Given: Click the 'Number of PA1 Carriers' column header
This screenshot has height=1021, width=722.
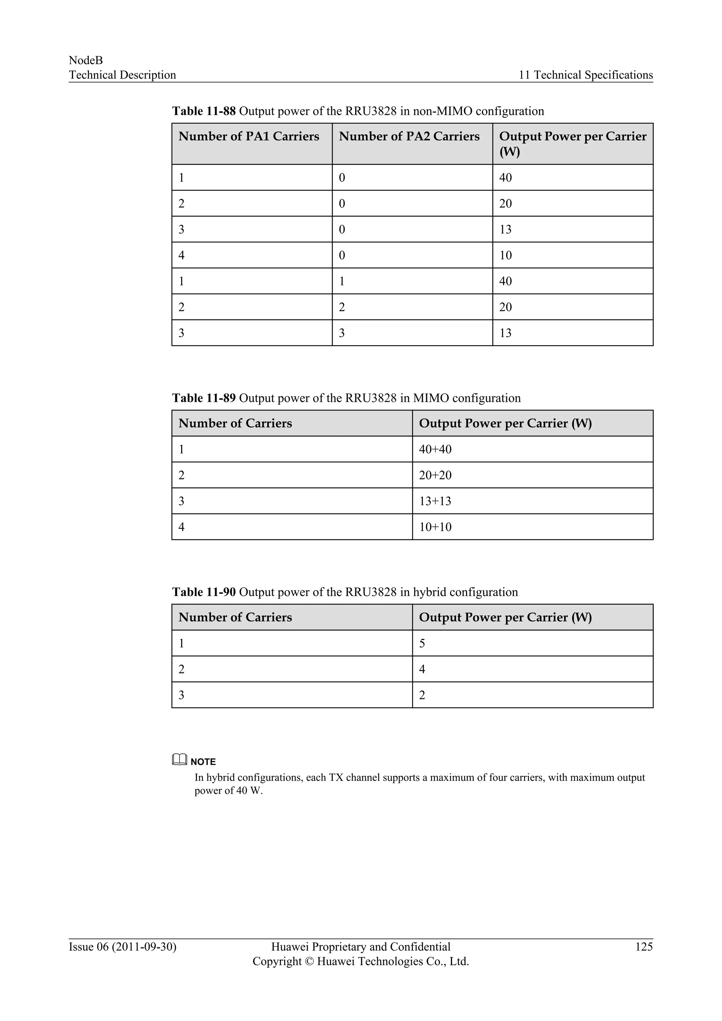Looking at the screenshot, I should coord(249,136).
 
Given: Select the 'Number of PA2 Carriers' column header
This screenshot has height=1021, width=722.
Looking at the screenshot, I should coord(409,136).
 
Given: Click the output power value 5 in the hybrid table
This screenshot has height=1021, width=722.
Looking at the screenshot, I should coord(422,643).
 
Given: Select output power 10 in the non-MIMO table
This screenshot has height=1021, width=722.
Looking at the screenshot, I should coord(505,255).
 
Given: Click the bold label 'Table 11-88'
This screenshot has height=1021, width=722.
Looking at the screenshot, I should coord(204,111).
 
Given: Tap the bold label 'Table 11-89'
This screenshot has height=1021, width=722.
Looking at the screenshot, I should coord(204,398).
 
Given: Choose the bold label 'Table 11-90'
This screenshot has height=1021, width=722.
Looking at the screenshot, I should coord(204,592).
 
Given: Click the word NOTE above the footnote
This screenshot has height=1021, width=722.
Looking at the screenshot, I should coord(203,762).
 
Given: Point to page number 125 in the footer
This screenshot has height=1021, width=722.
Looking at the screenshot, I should coord(644,947).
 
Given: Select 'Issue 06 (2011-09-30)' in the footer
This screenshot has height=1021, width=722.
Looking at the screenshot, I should coord(122,947).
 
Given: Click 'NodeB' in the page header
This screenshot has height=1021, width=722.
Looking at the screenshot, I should coord(86,61).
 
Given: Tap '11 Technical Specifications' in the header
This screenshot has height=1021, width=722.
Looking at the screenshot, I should coord(586,75).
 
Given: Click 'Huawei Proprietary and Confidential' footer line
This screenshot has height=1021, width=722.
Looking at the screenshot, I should coord(361,947).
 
